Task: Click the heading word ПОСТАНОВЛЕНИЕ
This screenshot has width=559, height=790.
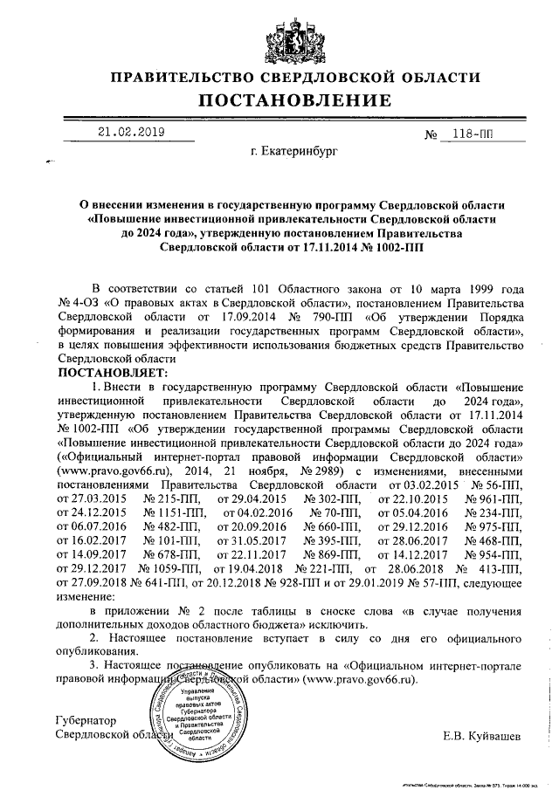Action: pos(279,102)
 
